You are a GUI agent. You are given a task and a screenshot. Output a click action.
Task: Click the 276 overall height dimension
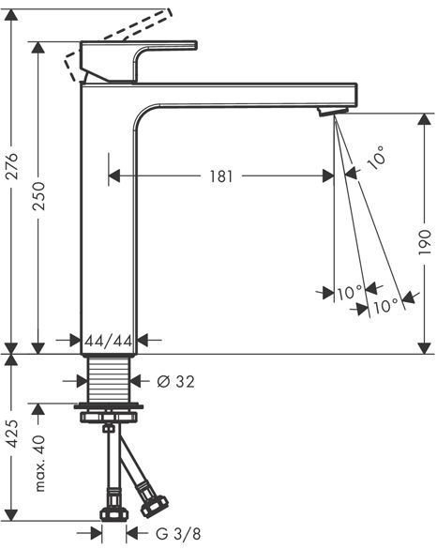[x=12, y=165]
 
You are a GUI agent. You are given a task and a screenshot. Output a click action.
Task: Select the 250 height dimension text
[x=38, y=196]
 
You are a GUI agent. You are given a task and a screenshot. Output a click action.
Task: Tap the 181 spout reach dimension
[x=221, y=176]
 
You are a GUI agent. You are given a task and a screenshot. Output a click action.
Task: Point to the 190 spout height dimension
[x=425, y=241]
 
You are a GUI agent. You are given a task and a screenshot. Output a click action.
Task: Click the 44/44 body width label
[x=109, y=341]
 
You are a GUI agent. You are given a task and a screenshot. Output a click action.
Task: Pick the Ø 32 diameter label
[x=175, y=381]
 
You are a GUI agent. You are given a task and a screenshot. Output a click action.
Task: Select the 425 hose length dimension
[x=12, y=434]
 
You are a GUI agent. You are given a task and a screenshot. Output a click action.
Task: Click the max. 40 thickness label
[x=39, y=463]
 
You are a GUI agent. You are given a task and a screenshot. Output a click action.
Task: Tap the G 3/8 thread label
[x=178, y=534]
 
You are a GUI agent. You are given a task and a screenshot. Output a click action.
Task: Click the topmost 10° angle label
[x=377, y=158]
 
